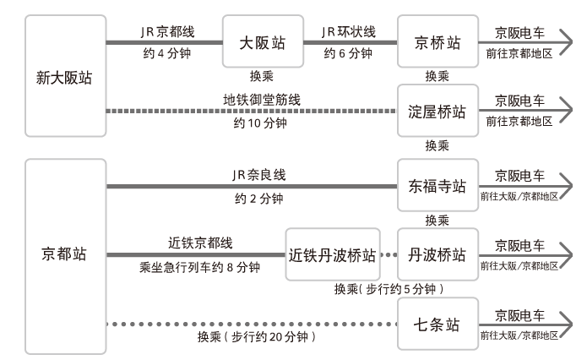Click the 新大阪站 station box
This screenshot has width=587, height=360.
tap(64, 78)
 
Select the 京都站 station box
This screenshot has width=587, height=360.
tap(64, 255)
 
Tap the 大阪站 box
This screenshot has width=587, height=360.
tap(262, 41)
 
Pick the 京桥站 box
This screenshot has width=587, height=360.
tap(438, 41)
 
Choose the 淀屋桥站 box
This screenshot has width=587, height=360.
tap(438, 111)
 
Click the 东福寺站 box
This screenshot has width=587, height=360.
tap(438, 185)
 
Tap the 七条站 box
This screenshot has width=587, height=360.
tap(438, 324)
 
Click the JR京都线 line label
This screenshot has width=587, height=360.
tap(167, 31)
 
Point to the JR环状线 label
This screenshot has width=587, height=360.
tap(348, 31)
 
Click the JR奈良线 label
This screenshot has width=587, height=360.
tap(259, 175)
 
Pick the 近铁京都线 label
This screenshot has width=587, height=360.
tap(198, 244)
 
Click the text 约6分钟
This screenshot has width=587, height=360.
tap(348, 53)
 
